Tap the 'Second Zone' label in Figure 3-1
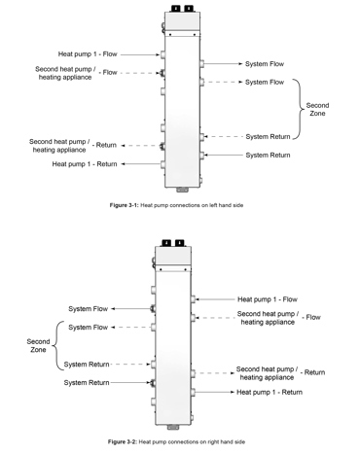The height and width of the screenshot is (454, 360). click(x=317, y=109)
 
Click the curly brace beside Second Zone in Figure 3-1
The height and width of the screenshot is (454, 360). click(x=297, y=109)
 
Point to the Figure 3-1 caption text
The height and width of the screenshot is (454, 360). click(x=181, y=207)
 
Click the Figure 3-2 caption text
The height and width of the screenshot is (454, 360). click(x=181, y=441)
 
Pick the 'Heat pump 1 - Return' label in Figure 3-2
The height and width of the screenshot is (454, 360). click(x=270, y=392)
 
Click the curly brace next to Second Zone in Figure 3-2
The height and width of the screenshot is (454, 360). click(x=57, y=346)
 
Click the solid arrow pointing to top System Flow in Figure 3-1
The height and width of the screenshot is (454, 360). click(x=223, y=64)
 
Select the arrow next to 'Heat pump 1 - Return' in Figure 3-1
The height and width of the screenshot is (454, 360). click(x=139, y=164)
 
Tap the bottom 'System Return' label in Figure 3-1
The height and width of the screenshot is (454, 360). click(x=268, y=155)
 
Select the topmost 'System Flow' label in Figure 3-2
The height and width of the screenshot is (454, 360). click(x=87, y=309)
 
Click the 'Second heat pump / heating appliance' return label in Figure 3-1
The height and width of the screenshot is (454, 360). click(x=61, y=146)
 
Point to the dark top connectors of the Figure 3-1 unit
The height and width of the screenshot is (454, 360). click(x=182, y=8)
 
